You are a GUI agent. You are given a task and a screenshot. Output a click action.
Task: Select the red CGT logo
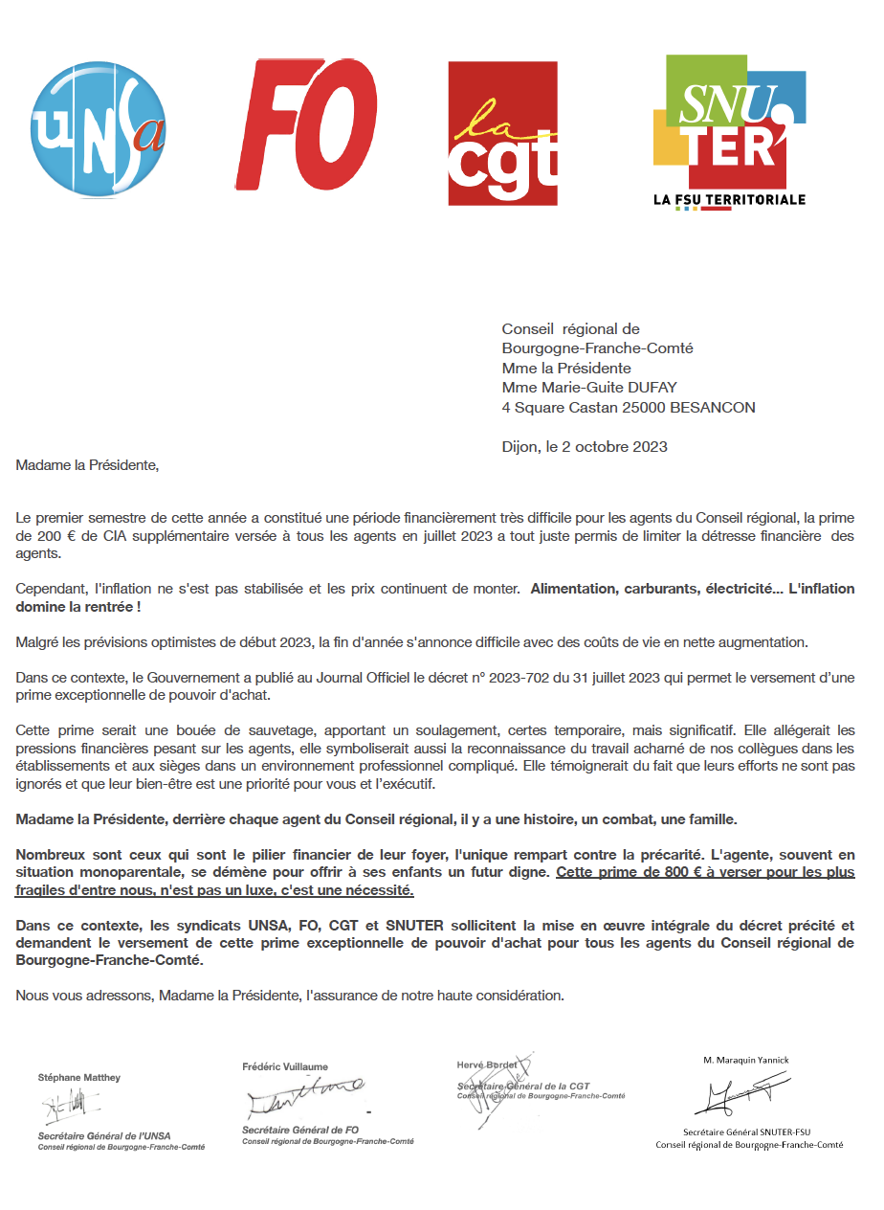tap(502, 133)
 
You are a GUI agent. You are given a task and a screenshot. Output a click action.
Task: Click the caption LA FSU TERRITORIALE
tap(729, 200)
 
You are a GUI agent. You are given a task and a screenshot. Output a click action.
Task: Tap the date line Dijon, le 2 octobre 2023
tap(585, 446)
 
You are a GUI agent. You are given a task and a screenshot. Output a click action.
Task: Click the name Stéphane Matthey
tap(79, 1078)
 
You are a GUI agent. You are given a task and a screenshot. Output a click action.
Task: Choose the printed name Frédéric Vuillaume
tap(285, 1065)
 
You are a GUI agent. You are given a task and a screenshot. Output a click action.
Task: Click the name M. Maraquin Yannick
tap(746, 1060)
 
